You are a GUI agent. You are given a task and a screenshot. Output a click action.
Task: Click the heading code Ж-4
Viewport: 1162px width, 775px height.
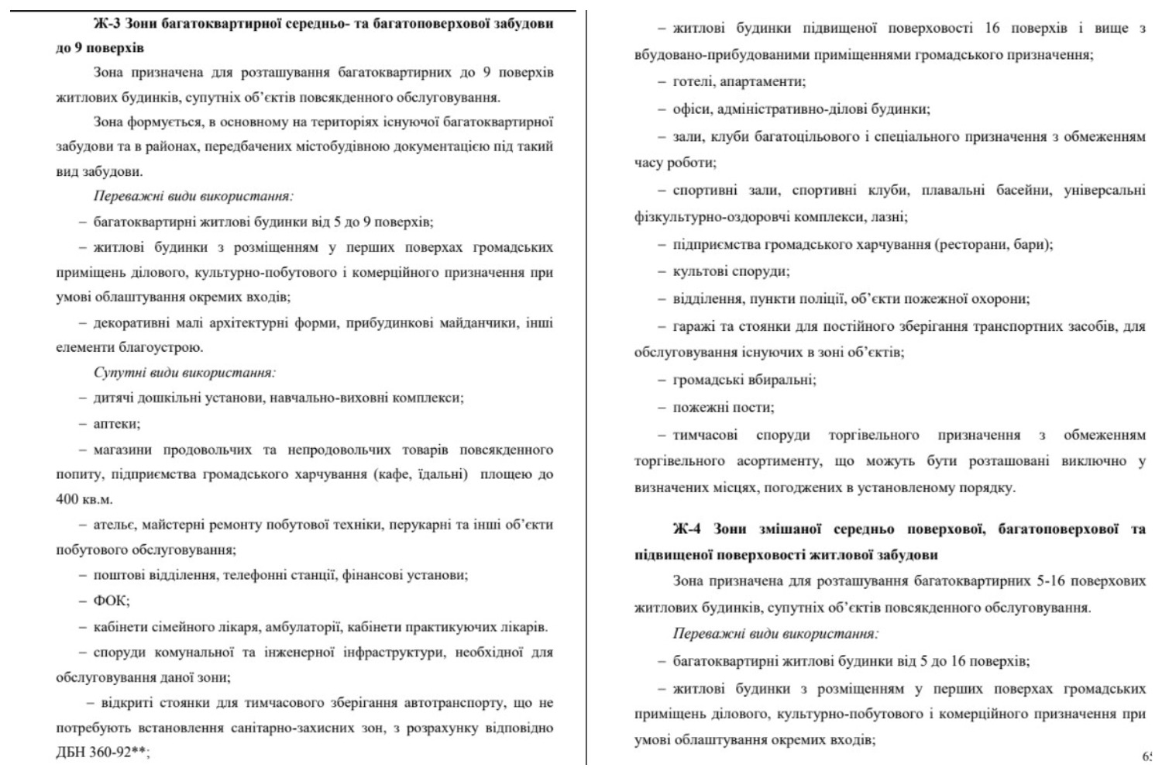click(687, 529)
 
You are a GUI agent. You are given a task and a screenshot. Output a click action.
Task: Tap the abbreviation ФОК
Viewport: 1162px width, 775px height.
click(111, 601)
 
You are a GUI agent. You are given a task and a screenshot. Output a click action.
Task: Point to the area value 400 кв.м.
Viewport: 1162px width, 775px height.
click(84, 499)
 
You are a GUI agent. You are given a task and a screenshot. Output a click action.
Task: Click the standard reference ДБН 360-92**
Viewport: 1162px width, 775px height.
click(101, 753)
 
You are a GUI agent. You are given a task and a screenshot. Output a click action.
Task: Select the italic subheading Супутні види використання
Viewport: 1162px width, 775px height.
click(184, 373)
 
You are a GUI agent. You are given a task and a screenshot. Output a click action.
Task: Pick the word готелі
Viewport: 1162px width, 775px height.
click(695, 81)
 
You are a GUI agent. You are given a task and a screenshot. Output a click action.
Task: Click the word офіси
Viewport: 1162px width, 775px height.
click(692, 109)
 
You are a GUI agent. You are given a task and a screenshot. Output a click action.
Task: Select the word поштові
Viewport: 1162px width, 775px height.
click(120, 575)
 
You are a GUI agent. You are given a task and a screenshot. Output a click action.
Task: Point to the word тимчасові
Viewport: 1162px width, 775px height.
click(705, 435)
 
